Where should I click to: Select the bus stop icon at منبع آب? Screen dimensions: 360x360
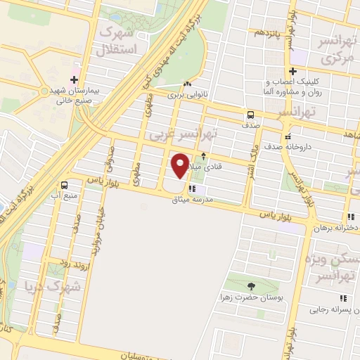coord(65,185)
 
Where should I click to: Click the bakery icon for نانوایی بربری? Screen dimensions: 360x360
coord(186,83)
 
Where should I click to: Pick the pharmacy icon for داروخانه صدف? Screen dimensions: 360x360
coord(288,136)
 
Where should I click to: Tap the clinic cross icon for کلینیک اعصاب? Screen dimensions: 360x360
coord(293,70)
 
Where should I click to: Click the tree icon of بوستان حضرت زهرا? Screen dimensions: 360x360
coord(252,285)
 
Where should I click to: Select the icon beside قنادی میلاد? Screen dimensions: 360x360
coord(204,156)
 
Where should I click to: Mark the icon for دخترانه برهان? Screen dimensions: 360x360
coord(351,217)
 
